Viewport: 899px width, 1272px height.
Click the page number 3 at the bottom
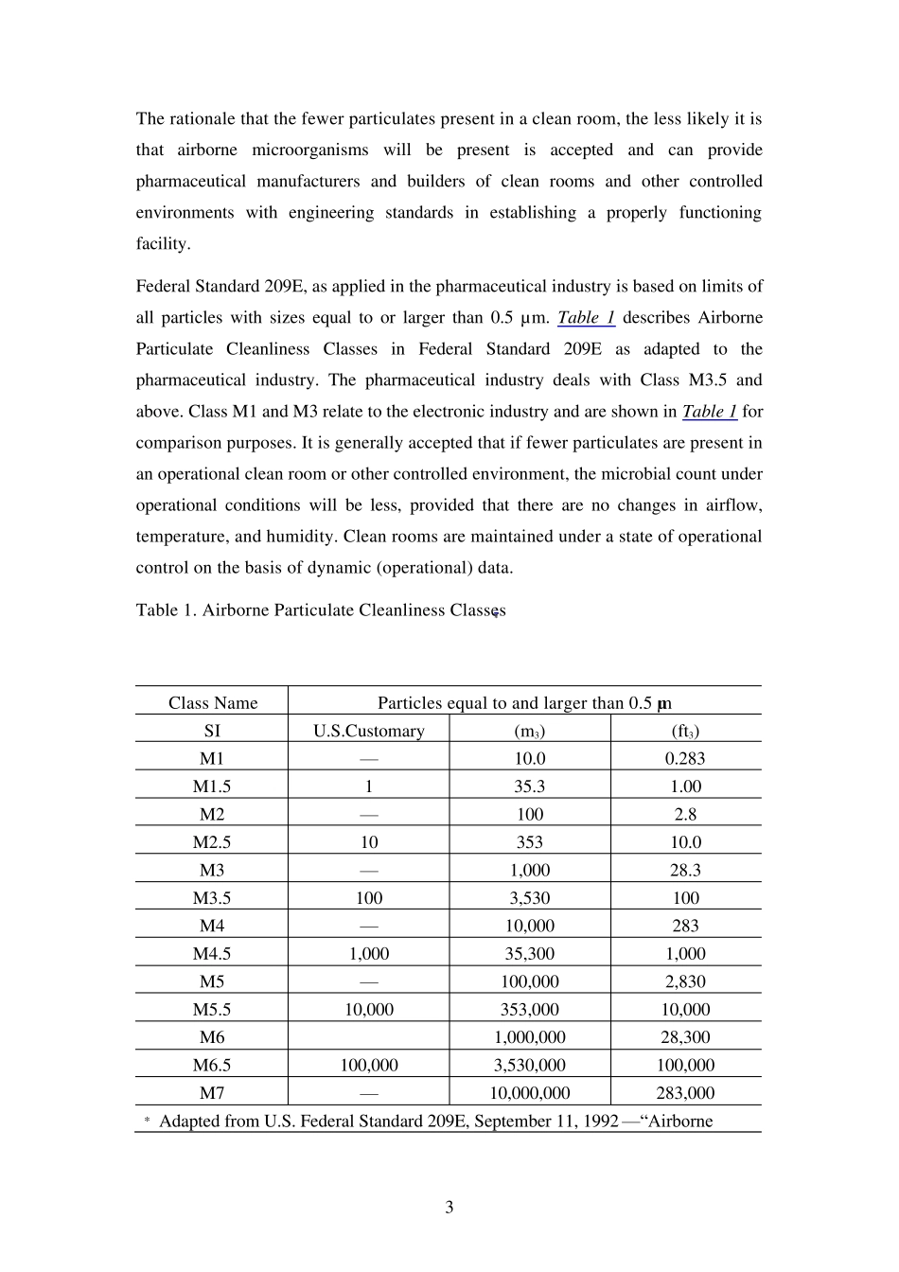tap(449, 1207)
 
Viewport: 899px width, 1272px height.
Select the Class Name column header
tap(212, 702)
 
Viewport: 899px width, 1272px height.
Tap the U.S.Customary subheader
tap(368, 730)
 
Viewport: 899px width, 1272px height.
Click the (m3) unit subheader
tap(529, 730)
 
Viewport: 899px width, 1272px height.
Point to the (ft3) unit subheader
tap(685, 730)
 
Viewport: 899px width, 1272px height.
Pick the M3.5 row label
tap(212, 897)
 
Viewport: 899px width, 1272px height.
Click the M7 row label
tap(212, 1092)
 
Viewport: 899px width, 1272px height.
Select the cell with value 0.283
tap(685, 758)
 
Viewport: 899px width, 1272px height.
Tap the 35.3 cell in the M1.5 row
tap(529, 786)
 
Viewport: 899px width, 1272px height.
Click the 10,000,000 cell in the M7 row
tap(529, 1092)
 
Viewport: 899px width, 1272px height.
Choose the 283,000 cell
tap(685, 1092)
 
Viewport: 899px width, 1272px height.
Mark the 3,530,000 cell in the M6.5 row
tap(529, 1065)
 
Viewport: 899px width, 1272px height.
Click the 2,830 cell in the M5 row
tap(685, 981)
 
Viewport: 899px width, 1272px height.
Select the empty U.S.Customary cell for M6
tap(368, 1037)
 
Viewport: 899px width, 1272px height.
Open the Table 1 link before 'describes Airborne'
tap(586, 317)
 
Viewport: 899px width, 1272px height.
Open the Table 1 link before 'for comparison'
tap(709, 411)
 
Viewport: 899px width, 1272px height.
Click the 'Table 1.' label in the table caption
tap(166, 609)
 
